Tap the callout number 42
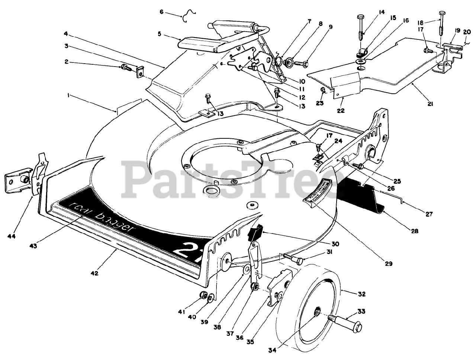[x=94, y=273]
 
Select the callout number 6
[x=162, y=12]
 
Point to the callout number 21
[x=430, y=104]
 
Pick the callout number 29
[x=388, y=264]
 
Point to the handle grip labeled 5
[x=201, y=43]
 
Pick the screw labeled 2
[x=125, y=68]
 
